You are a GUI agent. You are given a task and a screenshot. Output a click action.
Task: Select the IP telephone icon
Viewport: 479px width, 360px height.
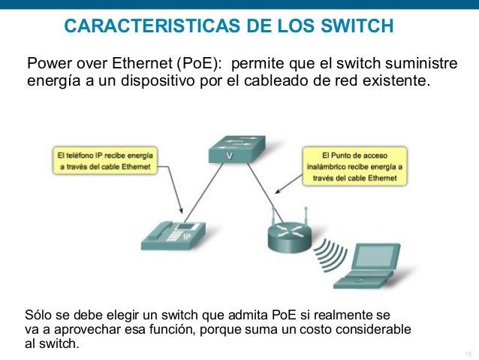[x=172, y=232]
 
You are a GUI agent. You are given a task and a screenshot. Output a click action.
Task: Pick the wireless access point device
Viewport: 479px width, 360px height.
[x=288, y=235]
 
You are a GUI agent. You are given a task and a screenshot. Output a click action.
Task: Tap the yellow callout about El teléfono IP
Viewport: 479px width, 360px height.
[x=107, y=160]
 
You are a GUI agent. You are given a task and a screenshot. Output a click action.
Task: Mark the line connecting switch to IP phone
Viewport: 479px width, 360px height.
[x=203, y=192]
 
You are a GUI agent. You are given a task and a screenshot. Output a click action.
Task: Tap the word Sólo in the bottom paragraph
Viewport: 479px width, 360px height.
[x=39, y=315]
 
